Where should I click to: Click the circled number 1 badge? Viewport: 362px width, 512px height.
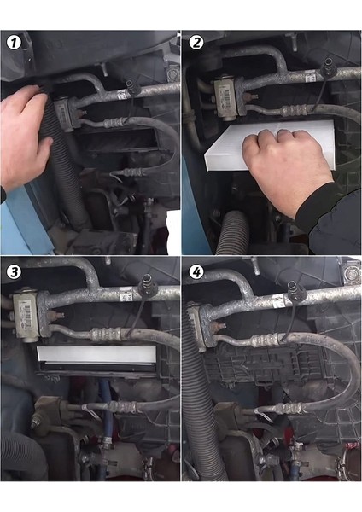click(x=14, y=43)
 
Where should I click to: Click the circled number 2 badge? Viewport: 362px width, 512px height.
click(x=196, y=42)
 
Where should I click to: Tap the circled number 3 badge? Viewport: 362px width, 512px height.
click(x=14, y=272)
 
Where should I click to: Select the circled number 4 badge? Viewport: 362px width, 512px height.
click(x=196, y=272)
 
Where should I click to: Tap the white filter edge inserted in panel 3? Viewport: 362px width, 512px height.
click(x=96, y=355)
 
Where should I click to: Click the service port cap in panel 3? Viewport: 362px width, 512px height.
click(x=147, y=282)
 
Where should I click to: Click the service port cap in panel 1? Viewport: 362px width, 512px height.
click(x=133, y=87)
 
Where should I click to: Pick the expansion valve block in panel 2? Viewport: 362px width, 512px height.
click(x=226, y=97)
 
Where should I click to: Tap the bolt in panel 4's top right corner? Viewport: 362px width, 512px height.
click(x=351, y=271)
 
